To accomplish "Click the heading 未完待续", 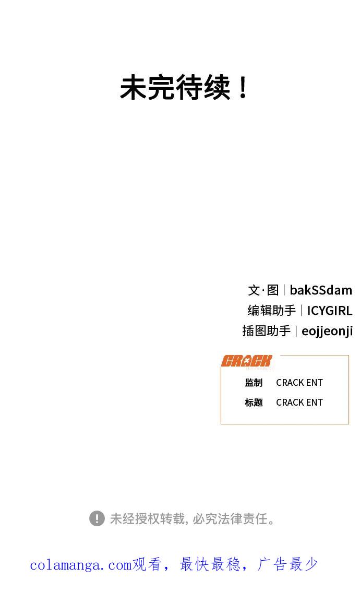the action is point(175,87).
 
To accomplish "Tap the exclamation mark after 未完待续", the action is point(243,87).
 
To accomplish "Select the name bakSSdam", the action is point(321,290).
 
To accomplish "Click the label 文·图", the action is point(263,290).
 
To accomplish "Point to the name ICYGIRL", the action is point(330,311).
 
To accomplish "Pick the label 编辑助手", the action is point(271,311).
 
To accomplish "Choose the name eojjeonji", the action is point(327,331).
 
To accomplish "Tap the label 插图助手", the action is point(267,331).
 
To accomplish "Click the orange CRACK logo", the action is point(246,361).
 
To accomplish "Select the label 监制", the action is point(254,383).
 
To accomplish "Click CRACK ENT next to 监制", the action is point(299,383).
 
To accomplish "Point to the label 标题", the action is point(254,403).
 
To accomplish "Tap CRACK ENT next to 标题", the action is point(299,403).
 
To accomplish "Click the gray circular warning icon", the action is point(97,518).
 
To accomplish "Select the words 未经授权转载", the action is point(147,518).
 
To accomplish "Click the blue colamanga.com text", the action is point(80,565).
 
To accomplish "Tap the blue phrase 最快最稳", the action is point(210,564).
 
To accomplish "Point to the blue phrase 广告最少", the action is point(287,564).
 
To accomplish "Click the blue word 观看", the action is point(147,564).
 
